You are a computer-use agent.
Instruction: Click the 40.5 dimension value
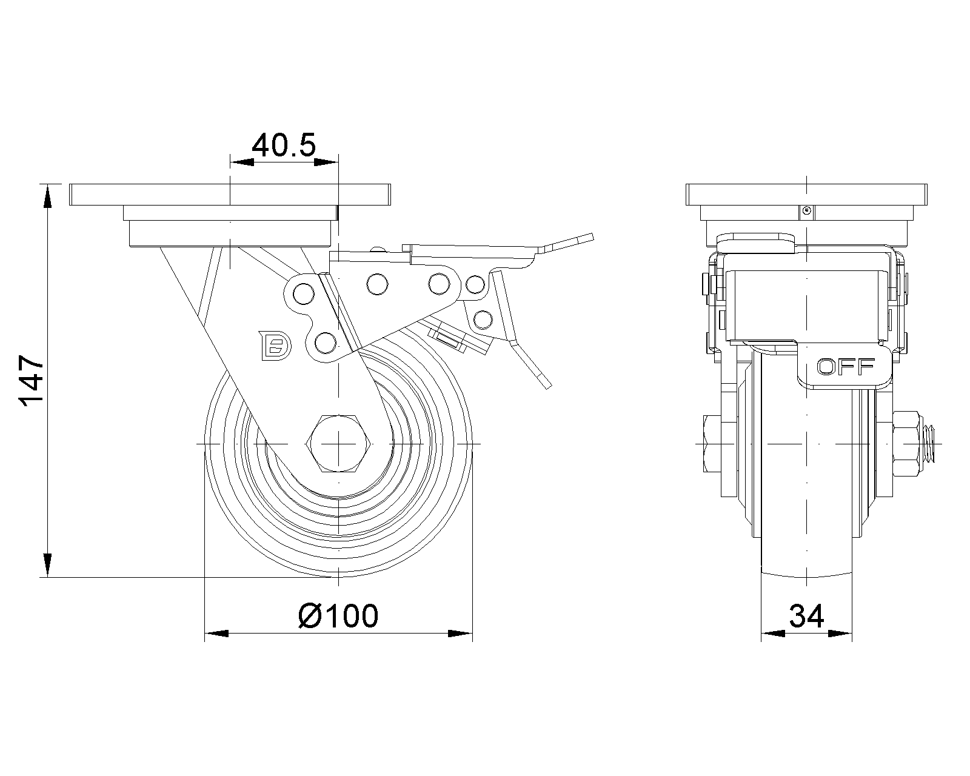tap(284, 146)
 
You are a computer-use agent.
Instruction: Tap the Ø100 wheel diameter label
tap(338, 616)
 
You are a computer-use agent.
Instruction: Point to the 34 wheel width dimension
tap(806, 617)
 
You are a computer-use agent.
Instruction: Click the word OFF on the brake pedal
tap(846, 366)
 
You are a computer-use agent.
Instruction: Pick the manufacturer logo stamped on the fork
tap(275, 346)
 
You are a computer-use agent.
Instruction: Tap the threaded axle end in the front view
tap(930, 444)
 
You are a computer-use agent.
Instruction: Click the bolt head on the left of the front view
tap(712, 444)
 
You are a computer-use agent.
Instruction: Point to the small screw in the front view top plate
tap(806, 210)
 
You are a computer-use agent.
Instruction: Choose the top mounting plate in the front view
tap(806, 194)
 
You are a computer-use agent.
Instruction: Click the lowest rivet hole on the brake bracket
tap(326, 343)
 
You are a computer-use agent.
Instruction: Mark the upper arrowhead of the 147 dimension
tap(47, 194)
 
